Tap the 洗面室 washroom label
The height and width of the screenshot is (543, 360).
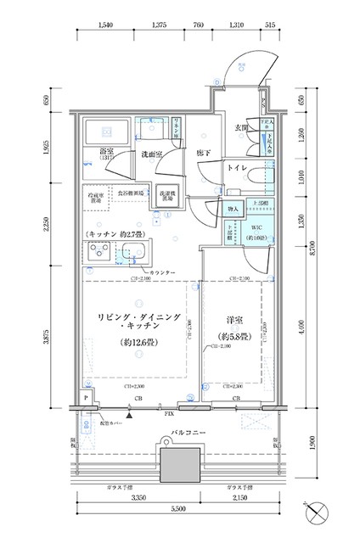pos(151,154)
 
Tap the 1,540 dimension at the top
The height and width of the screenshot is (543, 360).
pos(105,25)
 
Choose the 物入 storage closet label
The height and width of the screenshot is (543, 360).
pos(231,208)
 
